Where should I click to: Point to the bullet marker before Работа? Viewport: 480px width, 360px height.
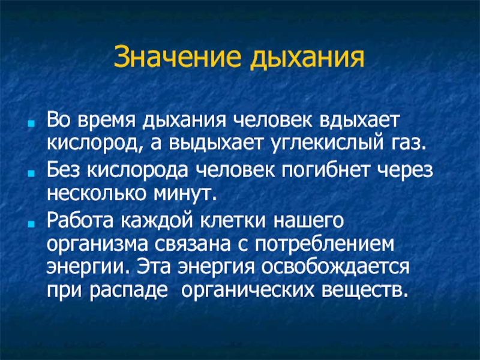click(x=31, y=224)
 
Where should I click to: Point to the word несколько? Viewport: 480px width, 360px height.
click(x=97, y=193)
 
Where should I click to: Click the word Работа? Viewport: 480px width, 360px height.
click(x=80, y=221)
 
